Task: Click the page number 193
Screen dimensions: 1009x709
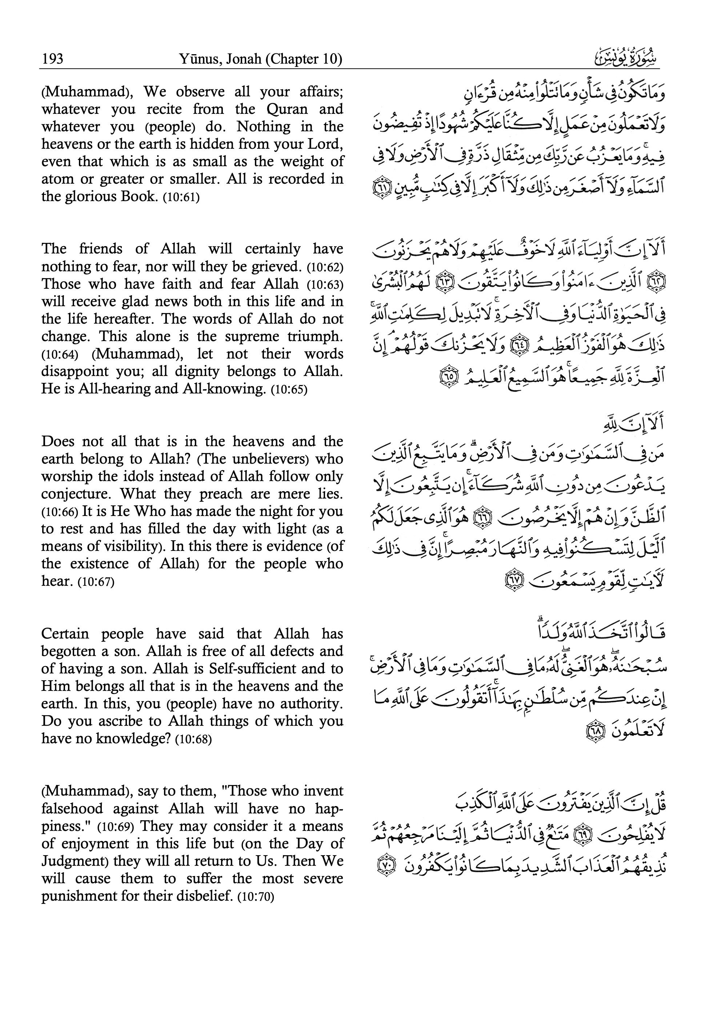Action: click(x=53, y=59)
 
